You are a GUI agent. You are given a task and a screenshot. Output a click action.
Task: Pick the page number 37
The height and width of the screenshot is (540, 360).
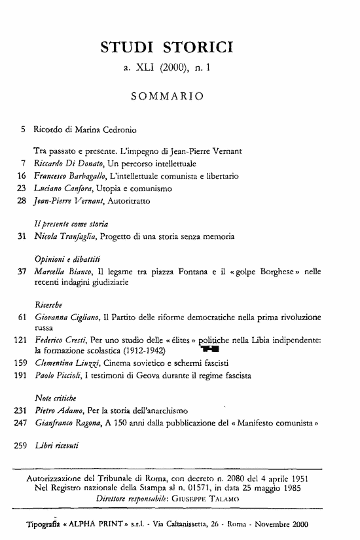[20, 272]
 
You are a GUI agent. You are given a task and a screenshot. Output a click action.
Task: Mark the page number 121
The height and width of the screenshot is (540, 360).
[17, 341]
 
